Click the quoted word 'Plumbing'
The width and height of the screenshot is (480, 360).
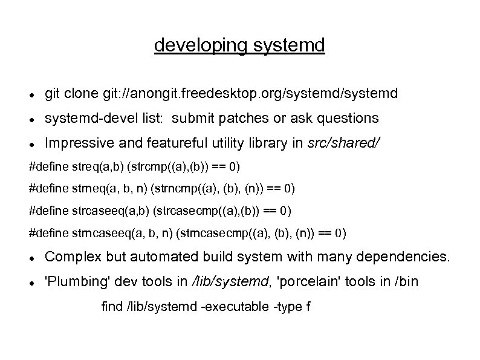click(x=72, y=281)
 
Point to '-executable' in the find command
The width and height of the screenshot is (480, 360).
click(x=235, y=306)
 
